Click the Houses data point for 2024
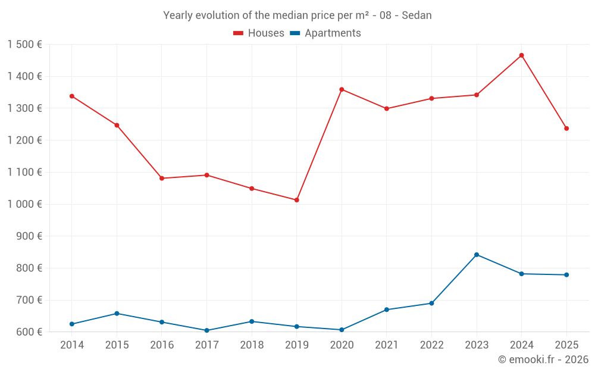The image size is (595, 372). [x=521, y=55]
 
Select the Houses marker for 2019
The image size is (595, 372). [x=296, y=200]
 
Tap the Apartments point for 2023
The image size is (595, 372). [x=477, y=255]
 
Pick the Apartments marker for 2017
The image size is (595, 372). [x=206, y=330]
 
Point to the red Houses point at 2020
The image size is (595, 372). [x=342, y=89]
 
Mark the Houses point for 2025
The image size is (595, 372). [x=566, y=129]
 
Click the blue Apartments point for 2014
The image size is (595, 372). [x=72, y=324]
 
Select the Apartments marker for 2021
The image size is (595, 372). [x=387, y=310]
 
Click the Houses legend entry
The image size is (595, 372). [x=259, y=33]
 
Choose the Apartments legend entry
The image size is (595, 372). [x=325, y=33]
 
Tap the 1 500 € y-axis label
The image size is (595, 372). [x=24, y=45]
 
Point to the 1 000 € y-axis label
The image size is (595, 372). [x=24, y=204]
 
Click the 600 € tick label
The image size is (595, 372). [x=30, y=332]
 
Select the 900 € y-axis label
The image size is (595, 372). [x=30, y=236]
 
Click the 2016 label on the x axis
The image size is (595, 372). [x=162, y=345]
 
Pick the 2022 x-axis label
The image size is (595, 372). [x=431, y=345]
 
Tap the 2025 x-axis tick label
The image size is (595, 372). [x=566, y=345]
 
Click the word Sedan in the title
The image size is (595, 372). [x=416, y=15]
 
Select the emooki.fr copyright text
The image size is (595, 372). [x=543, y=360]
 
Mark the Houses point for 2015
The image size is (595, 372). [x=117, y=126]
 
